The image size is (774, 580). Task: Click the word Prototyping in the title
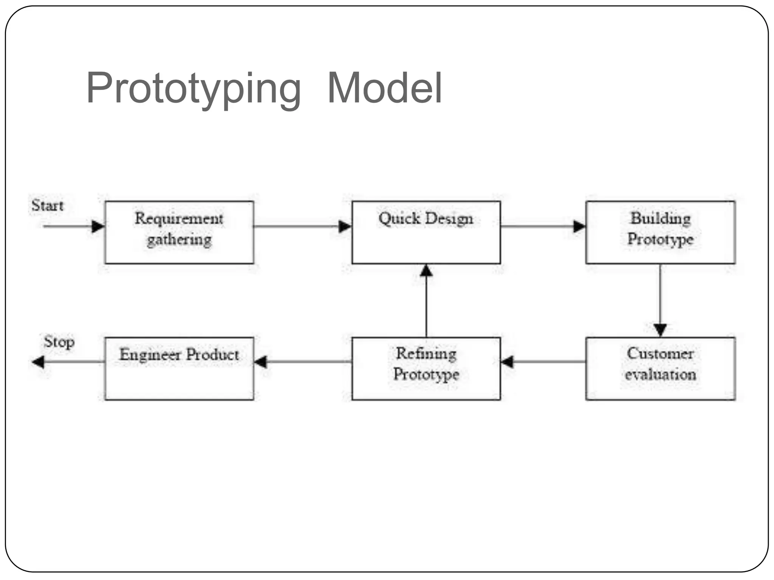pyautogui.click(x=193, y=89)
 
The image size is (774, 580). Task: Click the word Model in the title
pyautogui.click(x=384, y=89)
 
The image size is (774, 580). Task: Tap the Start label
pyautogui.click(x=47, y=206)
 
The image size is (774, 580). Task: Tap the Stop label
pyautogui.click(x=59, y=342)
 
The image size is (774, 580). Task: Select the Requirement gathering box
pyautogui.click(x=179, y=232)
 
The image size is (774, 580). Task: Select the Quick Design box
pyautogui.click(x=426, y=232)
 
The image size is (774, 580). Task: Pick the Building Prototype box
pyautogui.click(x=660, y=232)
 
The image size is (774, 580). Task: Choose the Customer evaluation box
pyautogui.click(x=660, y=369)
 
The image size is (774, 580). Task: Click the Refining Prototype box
pyautogui.click(x=426, y=369)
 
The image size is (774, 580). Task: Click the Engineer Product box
pyautogui.click(x=179, y=369)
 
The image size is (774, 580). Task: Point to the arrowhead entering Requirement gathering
pyautogui.click(x=98, y=227)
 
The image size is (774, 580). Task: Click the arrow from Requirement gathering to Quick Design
pyautogui.click(x=302, y=227)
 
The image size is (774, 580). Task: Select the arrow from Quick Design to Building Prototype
pyautogui.click(x=543, y=227)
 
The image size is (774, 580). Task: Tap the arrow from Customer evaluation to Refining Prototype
pyautogui.click(x=543, y=362)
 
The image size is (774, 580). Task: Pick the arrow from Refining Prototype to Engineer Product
pyautogui.click(x=302, y=362)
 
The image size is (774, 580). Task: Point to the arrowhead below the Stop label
pyautogui.click(x=38, y=362)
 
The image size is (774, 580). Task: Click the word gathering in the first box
pyautogui.click(x=179, y=240)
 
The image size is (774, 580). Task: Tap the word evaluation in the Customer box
pyautogui.click(x=660, y=375)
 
